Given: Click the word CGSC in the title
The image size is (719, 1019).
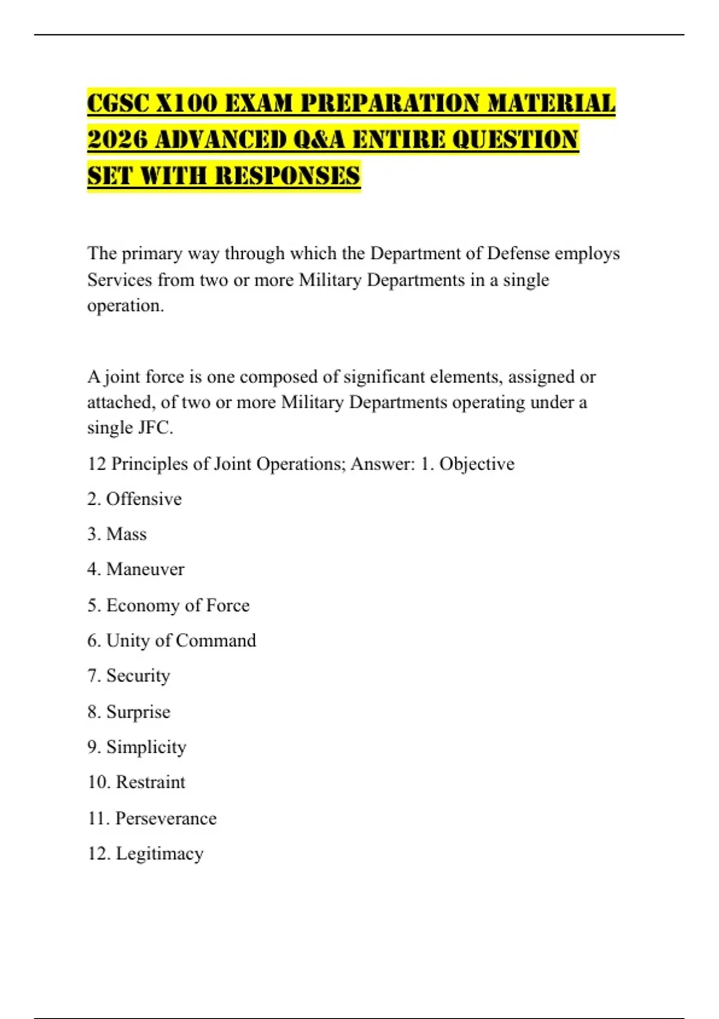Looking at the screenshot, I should click(x=117, y=103).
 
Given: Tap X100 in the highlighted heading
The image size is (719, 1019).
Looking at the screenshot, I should click(x=188, y=103).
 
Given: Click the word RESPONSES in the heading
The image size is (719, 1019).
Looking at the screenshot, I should click(x=288, y=176).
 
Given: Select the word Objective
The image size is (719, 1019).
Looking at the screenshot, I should click(x=477, y=464).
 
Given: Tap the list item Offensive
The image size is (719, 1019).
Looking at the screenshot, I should click(x=144, y=499).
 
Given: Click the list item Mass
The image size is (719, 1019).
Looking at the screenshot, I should click(x=126, y=534).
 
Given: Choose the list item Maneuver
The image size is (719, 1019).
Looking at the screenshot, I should click(x=145, y=569).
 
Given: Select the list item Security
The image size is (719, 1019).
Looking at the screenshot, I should click(x=138, y=676).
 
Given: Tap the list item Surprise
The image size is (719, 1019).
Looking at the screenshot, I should click(x=138, y=712).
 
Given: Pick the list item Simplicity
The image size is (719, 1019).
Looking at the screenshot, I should click(x=146, y=747).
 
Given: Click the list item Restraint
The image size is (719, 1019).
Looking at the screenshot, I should click(x=150, y=782).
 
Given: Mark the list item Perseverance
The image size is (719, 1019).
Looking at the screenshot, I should click(x=166, y=818).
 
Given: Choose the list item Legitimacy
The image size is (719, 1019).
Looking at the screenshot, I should click(x=159, y=854).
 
